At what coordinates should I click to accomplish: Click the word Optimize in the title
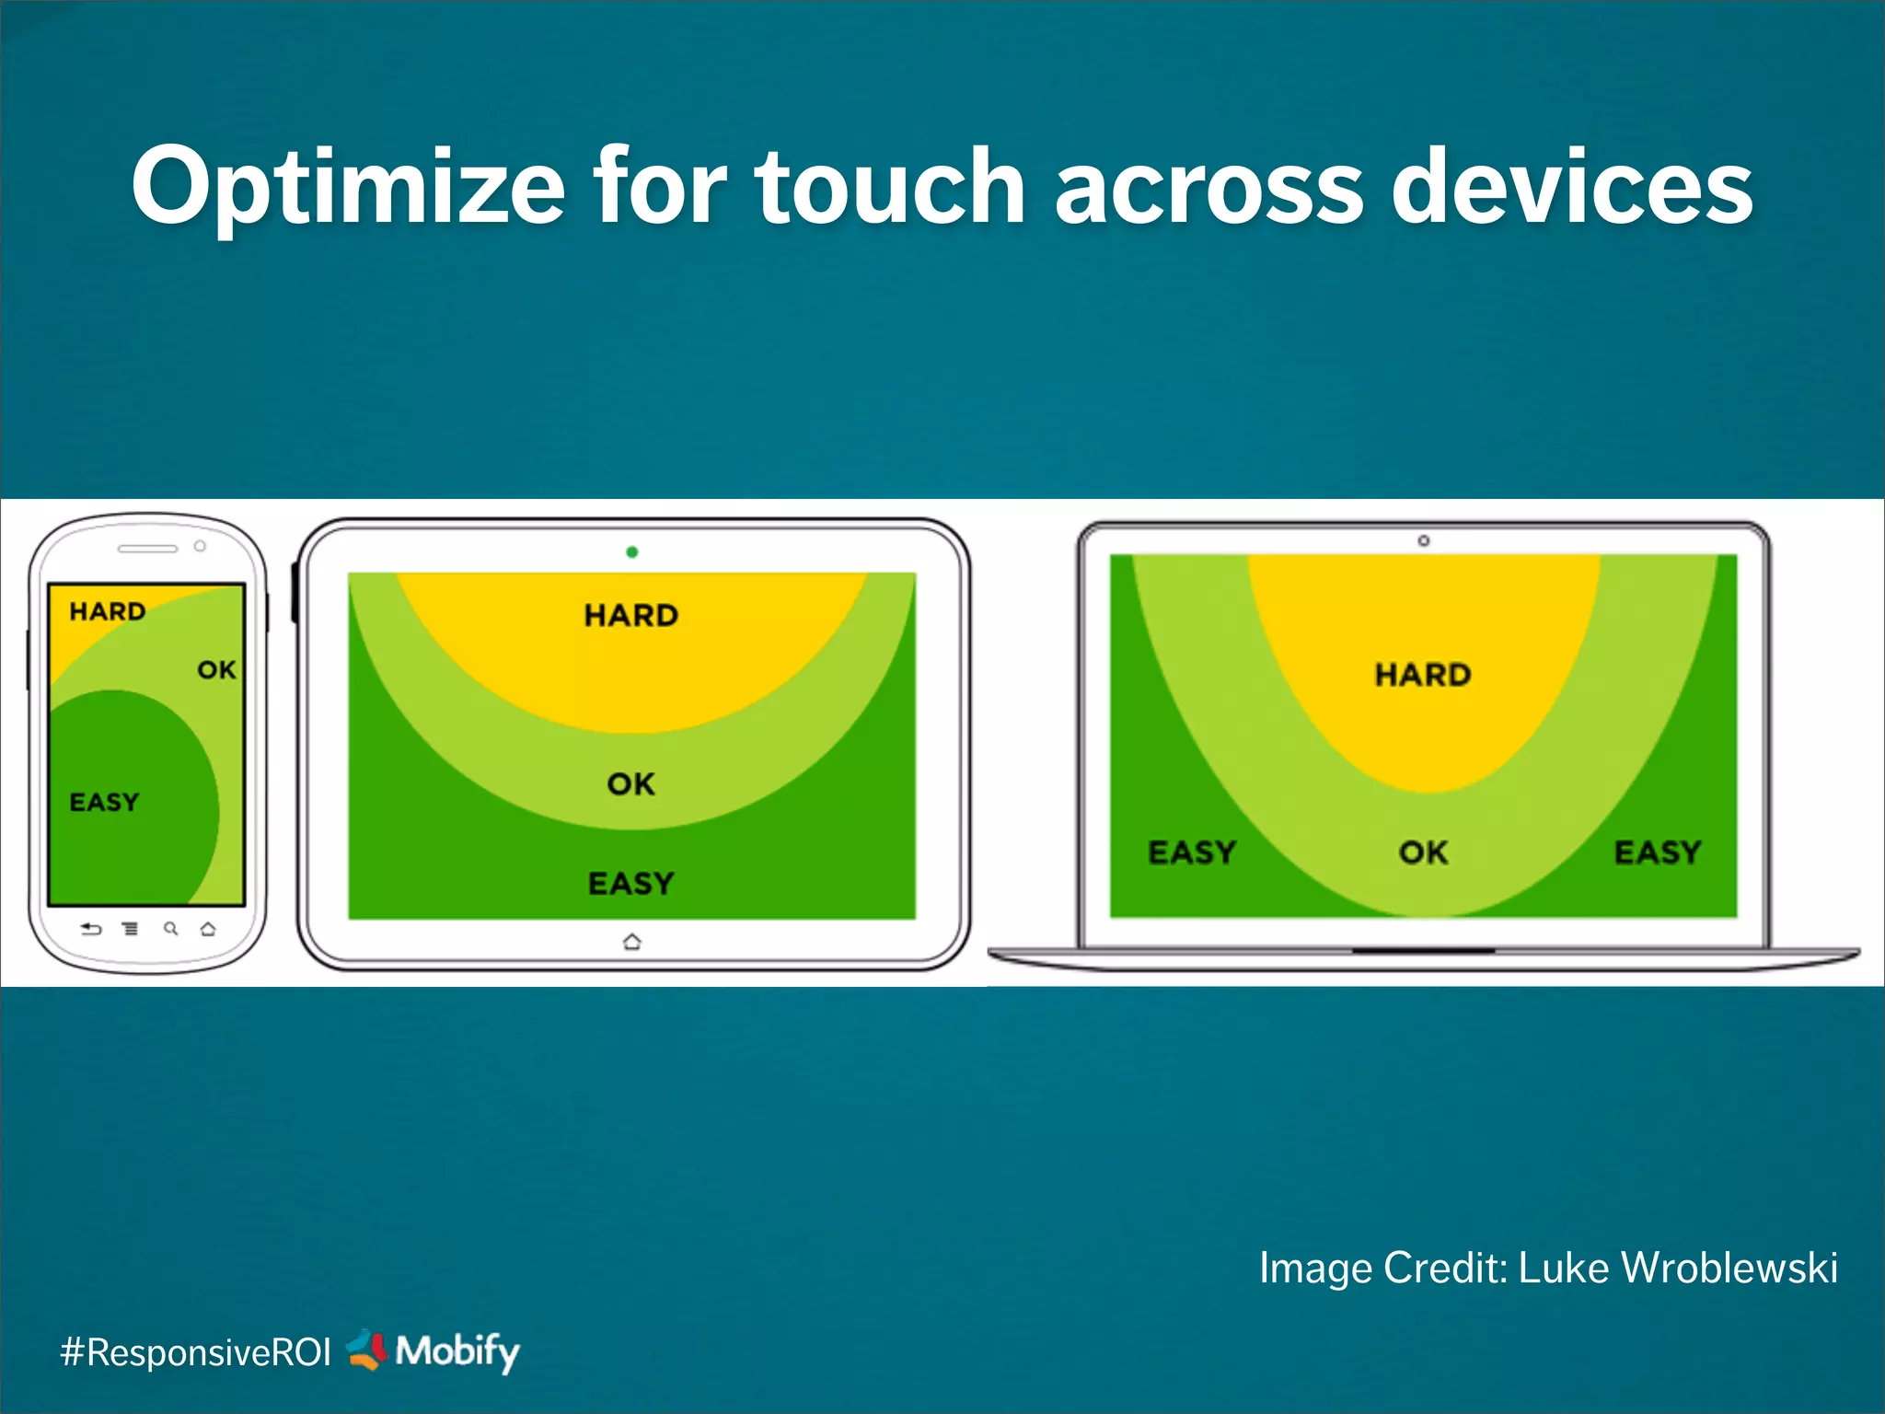348,188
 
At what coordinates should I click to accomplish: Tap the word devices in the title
1572,188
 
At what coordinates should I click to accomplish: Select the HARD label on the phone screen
108,611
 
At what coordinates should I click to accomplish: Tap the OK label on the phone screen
217,670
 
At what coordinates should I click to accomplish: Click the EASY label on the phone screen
105,803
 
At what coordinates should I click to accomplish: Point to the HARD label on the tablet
631,616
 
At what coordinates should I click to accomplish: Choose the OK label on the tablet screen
631,784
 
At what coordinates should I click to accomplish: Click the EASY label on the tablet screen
631,884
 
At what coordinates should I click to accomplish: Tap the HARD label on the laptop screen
1423,675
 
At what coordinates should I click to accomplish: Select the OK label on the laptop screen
1424,852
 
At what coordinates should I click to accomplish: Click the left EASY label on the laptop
1192,852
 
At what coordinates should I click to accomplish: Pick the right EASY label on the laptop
1658,852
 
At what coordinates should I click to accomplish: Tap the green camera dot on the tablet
632,552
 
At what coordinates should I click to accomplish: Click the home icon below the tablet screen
632,942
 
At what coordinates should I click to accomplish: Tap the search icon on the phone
170,929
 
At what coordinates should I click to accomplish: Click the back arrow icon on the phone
91,929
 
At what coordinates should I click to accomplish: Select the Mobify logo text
457,1351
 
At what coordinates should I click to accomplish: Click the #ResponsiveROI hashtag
195,1352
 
